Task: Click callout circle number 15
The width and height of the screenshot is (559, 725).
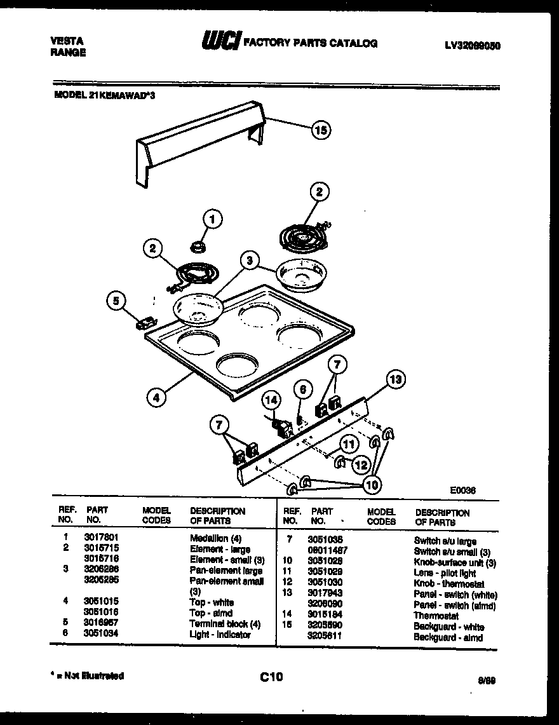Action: pyautogui.click(x=321, y=130)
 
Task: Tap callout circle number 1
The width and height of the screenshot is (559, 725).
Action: pyautogui.click(x=213, y=219)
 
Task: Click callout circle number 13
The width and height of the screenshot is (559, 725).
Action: pyautogui.click(x=394, y=380)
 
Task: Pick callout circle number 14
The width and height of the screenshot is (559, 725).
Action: pyautogui.click(x=272, y=400)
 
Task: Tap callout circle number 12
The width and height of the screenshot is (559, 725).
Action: pyautogui.click(x=361, y=464)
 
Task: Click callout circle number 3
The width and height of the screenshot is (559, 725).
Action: pyautogui.click(x=250, y=261)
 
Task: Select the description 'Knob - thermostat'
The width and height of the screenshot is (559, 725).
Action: pyautogui.click(x=448, y=584)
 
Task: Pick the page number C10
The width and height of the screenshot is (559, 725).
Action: pyautogui.click(x=271, y=677)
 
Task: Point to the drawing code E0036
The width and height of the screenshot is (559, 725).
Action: pyautogui.click(x=463, y=490)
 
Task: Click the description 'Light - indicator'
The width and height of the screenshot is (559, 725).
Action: pyautogui.click(x=220, y=634)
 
